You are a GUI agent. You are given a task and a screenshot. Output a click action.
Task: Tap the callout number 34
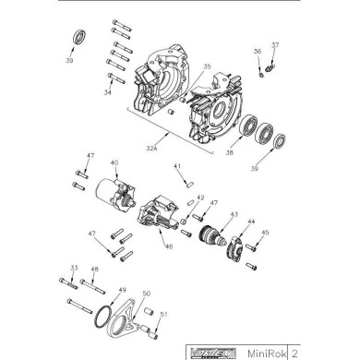point(108,92)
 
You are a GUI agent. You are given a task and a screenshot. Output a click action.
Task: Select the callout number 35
point(207,66)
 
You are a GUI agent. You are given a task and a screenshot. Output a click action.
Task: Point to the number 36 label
point(258,52)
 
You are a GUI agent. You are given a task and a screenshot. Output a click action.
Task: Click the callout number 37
point(274,44)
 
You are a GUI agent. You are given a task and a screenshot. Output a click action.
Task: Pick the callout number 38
point(229,152)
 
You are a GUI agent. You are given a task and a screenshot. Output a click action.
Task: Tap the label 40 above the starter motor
point(114,163)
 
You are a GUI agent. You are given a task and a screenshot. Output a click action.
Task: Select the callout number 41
point(176,166)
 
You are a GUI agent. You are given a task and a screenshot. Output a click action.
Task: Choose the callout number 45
point(265,233)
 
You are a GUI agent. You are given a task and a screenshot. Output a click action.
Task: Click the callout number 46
point(168,246)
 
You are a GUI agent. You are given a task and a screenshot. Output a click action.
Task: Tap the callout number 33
point(72,269)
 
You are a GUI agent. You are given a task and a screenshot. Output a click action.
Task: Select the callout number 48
point(93,269)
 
